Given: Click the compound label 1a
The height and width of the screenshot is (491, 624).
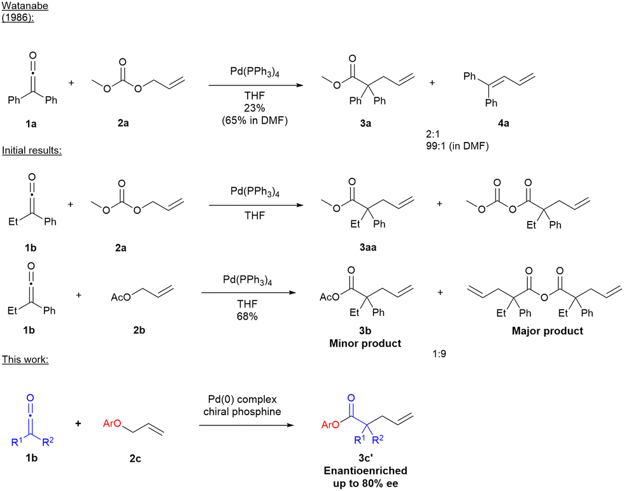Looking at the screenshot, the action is tap(31, 124).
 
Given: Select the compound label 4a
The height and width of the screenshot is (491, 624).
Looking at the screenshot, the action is tap(504, 124).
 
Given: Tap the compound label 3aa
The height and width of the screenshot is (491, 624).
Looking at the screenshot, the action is tap(368, 247).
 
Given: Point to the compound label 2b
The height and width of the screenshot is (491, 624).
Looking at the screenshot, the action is tap(139, 331).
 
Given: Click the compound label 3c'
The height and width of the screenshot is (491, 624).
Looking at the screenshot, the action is tap(365, 458).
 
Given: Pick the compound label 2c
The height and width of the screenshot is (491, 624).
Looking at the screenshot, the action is tap(135, 459).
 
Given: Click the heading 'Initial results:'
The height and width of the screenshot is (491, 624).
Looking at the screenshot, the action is tap(32, 150).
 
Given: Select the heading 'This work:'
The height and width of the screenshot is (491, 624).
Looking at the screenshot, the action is tap(25, 359).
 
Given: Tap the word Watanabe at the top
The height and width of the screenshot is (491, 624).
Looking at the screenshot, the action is tap(25, 6).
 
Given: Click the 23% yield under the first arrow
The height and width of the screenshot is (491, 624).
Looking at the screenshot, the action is tap(255, 108).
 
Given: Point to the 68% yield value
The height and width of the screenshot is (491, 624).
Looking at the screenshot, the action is tap(247, 317).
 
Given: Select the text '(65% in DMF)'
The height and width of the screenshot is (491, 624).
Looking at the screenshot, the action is tap(255, 120).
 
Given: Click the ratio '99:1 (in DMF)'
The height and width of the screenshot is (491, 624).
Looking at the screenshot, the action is tap(457, 146).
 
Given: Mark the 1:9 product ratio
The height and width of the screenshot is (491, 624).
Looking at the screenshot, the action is tap(439, 353).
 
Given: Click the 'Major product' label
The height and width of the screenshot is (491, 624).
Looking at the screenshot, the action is tap(547, 331).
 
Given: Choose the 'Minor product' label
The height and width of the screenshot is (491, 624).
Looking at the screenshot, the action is tap(365, 343).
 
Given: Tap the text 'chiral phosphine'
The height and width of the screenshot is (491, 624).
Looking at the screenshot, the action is tap(242, 411).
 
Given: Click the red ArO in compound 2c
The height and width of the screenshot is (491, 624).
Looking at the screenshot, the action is tap(112, 423).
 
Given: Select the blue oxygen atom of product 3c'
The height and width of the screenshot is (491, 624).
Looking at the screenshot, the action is tap(351, 398).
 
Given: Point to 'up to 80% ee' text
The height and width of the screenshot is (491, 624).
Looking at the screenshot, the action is tap(365, 483).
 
